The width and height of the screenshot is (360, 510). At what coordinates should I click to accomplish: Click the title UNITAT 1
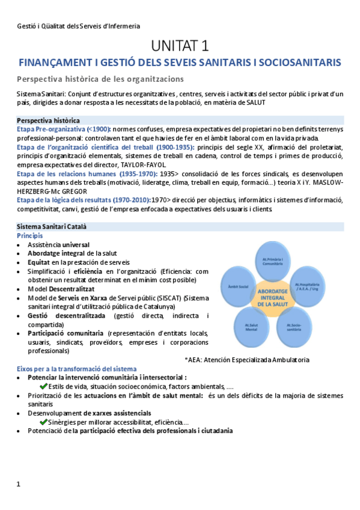(x=180, y=46)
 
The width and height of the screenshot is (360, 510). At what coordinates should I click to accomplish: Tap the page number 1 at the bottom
(x=19, y=484)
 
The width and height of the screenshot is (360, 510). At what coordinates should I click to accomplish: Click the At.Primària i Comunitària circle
(x=273, y=262)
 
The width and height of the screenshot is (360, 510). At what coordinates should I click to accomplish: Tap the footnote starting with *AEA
(x=247, y=360)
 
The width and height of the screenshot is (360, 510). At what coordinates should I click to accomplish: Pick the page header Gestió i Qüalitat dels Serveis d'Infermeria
(x=78, y=26)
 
